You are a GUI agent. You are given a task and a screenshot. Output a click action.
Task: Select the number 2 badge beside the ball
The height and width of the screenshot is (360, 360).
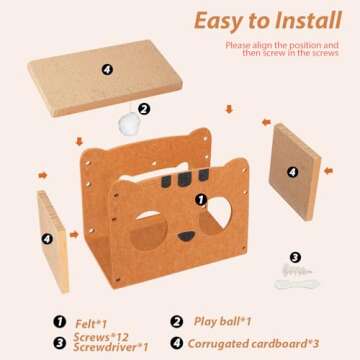coord(144,110)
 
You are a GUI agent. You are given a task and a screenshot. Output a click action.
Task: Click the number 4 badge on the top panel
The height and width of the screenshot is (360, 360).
coord(106,68)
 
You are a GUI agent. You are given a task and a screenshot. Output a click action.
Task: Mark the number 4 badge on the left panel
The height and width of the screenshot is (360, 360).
coord(46,240)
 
